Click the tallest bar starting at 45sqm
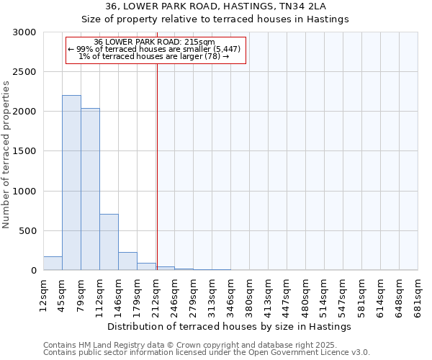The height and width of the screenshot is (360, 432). coord(71,183)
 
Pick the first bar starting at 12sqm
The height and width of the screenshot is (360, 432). coord(53,264)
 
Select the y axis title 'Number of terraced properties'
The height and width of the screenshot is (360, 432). coord(6,155)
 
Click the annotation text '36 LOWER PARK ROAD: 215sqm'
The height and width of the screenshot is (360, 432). coord(154,42)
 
